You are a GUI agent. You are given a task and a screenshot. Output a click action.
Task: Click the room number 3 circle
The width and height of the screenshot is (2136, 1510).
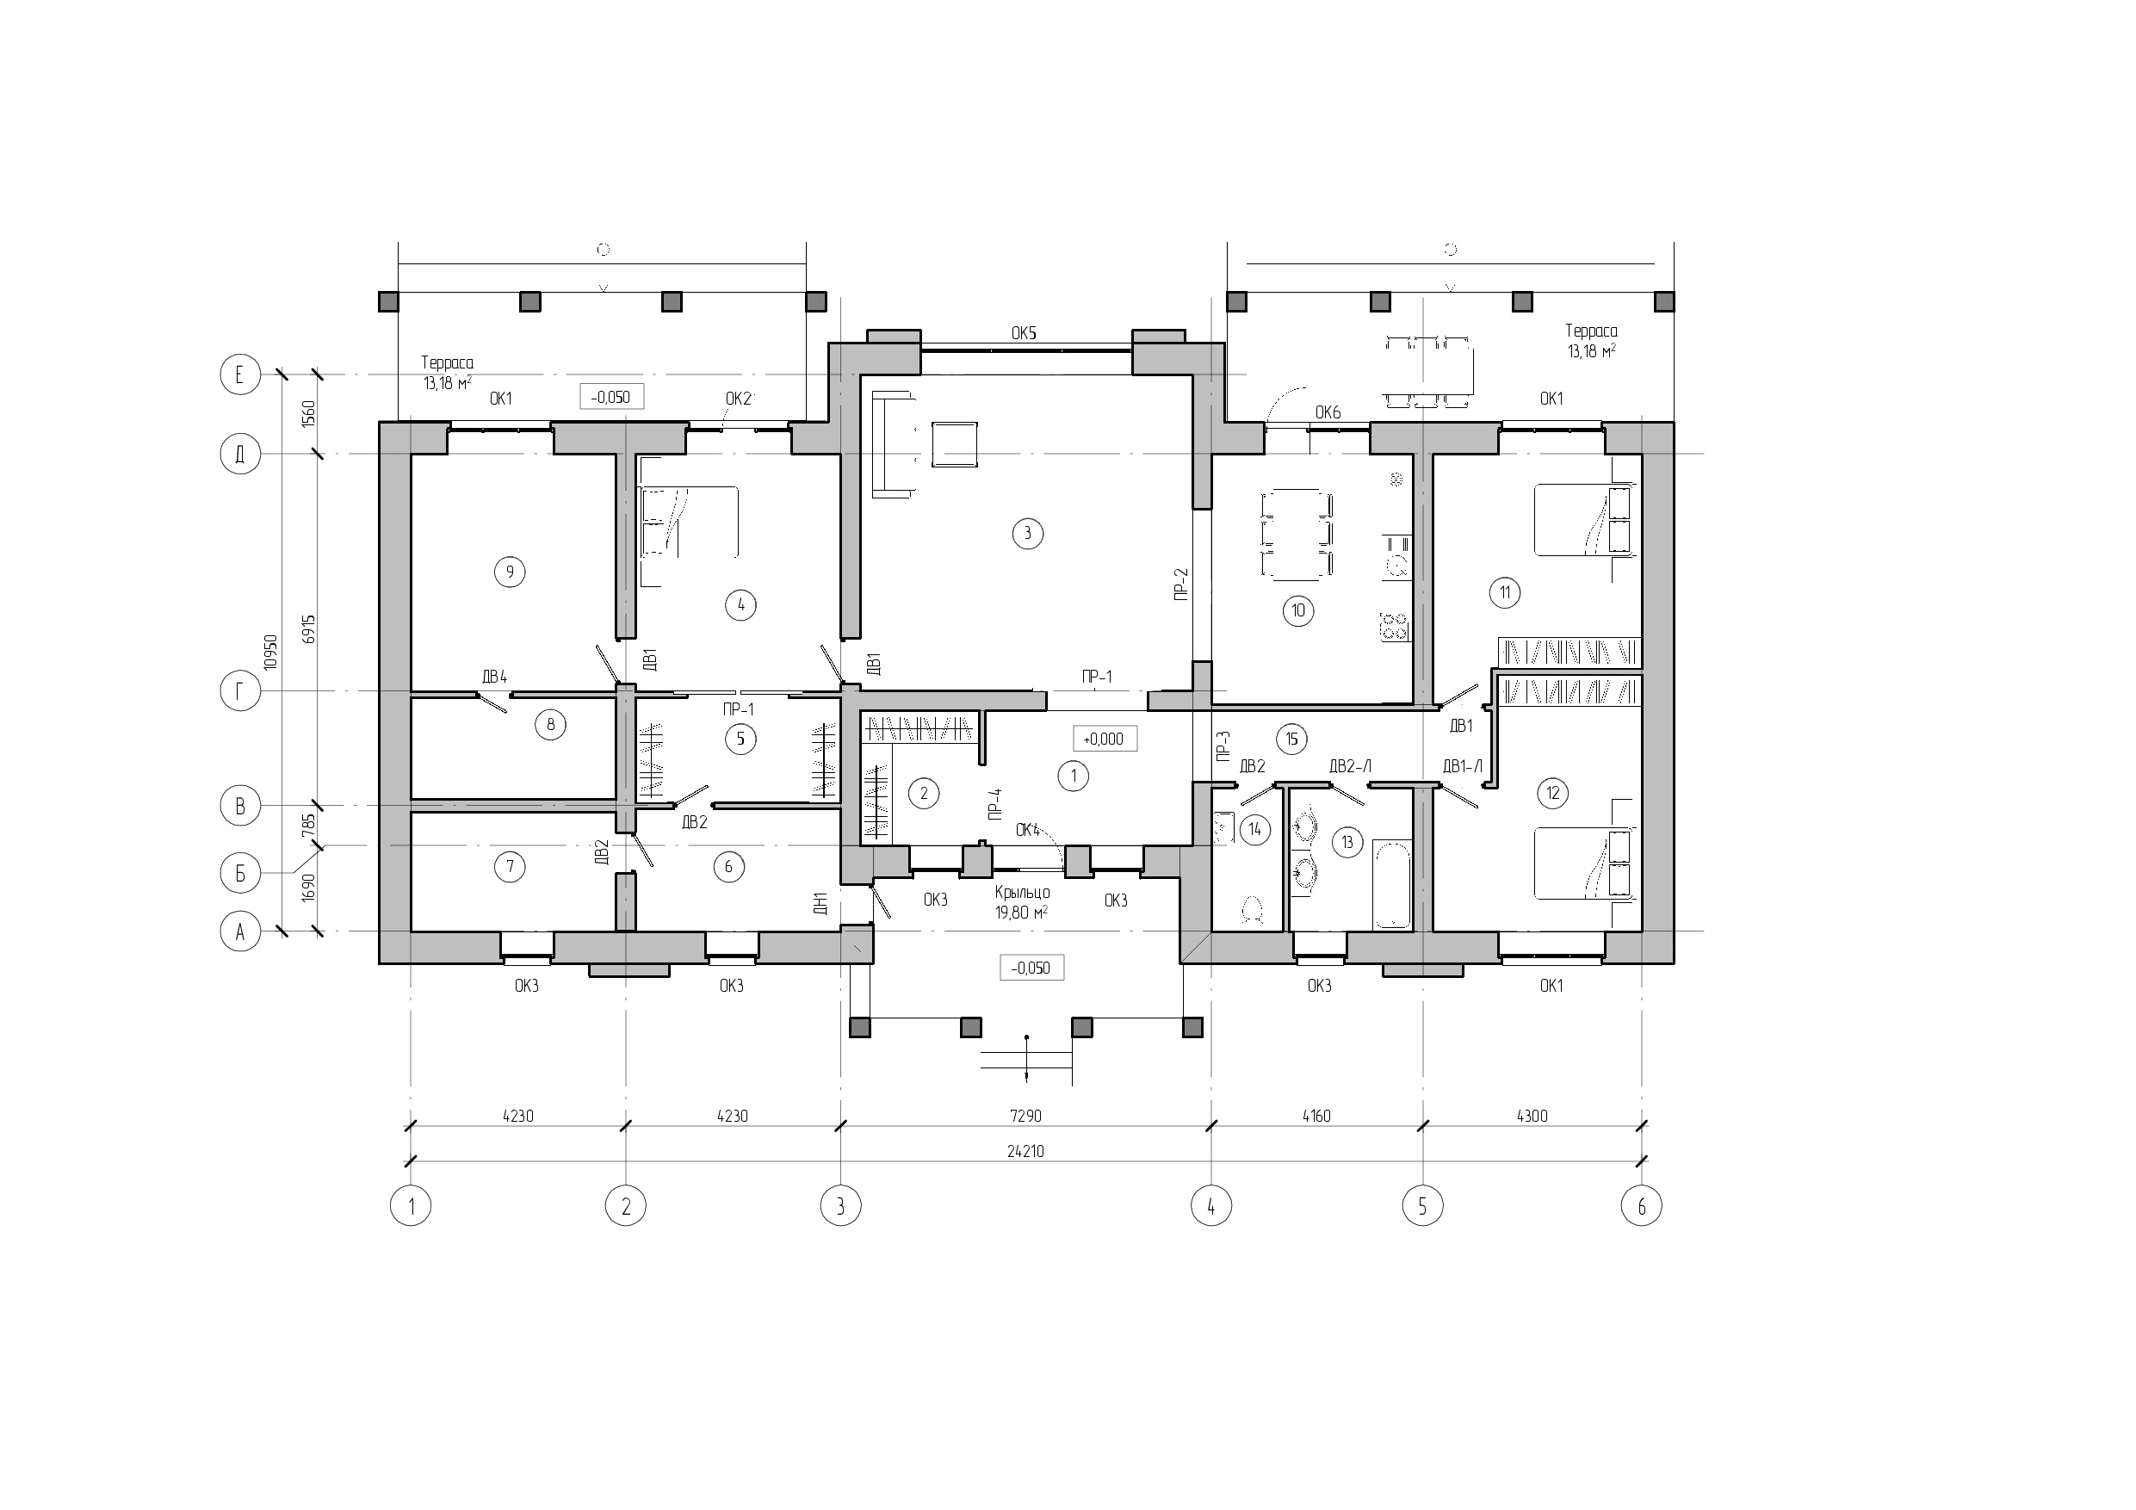(1027, 533)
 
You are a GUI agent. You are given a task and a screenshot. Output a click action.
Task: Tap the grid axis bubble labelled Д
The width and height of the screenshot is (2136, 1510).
(240, 455)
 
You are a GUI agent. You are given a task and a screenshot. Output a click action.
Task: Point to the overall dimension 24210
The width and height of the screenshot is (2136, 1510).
(1025, 1151)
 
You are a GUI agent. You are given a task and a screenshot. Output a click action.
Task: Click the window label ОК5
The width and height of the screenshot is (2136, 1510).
(1024, 333)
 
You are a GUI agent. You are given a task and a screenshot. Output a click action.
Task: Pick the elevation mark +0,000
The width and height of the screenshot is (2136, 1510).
(1105, 739)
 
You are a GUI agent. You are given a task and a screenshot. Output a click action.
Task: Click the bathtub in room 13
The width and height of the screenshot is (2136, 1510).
(1393, 885)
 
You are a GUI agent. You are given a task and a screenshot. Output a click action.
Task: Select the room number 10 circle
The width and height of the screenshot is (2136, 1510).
(1297, 610)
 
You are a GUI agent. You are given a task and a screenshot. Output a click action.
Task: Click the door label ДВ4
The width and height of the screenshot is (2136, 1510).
(493, 677)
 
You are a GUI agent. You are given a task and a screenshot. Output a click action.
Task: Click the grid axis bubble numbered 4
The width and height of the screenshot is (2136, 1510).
(1211, 1207)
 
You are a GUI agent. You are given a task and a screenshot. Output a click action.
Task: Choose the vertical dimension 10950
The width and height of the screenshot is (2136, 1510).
(270, 653)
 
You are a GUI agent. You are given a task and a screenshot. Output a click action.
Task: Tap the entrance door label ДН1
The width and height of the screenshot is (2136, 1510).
(820, 902)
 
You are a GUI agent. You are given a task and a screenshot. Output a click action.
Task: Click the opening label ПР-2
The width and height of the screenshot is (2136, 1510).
(1181, 584)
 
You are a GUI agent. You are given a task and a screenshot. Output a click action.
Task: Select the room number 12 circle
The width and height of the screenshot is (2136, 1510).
(1551, 793)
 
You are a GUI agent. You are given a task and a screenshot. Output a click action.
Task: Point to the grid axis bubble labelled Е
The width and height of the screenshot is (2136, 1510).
(240, 375)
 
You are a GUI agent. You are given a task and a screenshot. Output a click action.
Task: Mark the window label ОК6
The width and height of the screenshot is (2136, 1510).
(1328, 413)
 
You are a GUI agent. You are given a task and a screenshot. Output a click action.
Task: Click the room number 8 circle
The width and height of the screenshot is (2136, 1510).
(551, 724)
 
